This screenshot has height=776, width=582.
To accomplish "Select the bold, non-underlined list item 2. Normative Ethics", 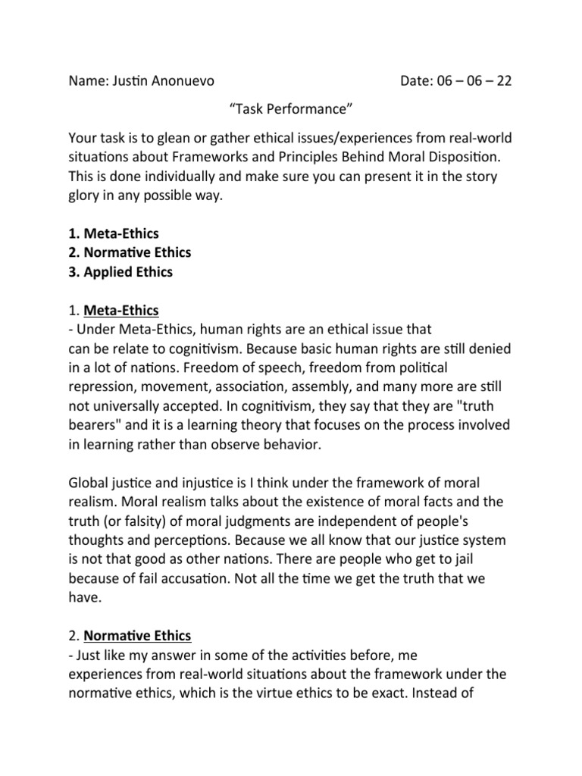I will click(130, 252).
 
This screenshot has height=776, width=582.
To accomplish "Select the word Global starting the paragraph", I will click(89, 483).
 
